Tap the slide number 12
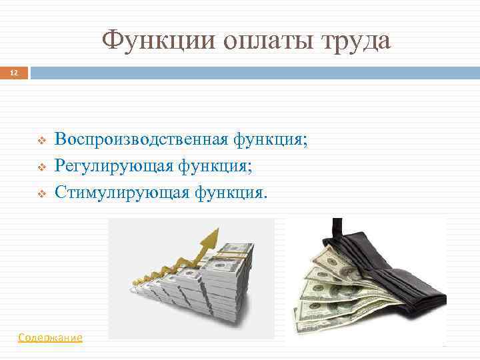(13, 71)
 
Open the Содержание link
(51, 338)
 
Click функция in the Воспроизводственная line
(265, 139)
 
